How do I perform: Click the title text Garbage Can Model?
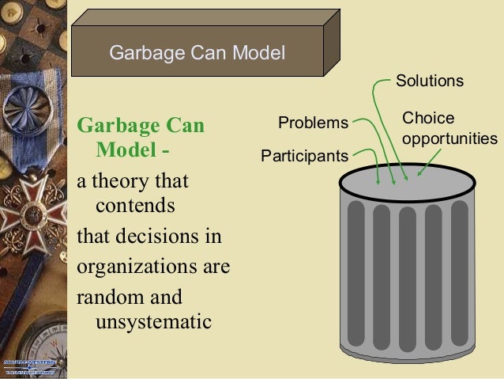point(196,53)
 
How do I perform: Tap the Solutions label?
point(429,81)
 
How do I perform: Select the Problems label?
point(313,123)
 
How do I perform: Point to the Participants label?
point(304,156)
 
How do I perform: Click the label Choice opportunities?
point(449,128)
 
